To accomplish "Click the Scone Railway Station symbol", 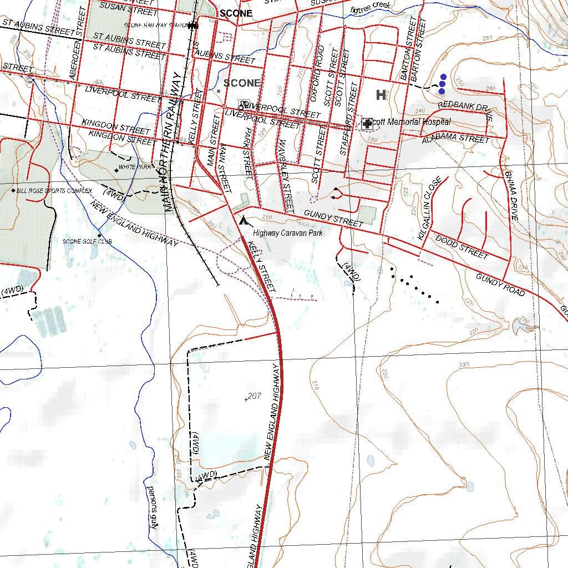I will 192,25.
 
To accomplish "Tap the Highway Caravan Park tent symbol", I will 242,220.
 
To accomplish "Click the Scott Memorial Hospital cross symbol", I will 367,124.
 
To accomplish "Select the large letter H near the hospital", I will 381,95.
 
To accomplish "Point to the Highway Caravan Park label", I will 288,234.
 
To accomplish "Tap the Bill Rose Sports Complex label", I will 54,191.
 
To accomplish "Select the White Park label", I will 135,166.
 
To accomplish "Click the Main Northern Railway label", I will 173,141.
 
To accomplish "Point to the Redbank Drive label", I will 465,109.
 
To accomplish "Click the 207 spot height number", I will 254,396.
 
